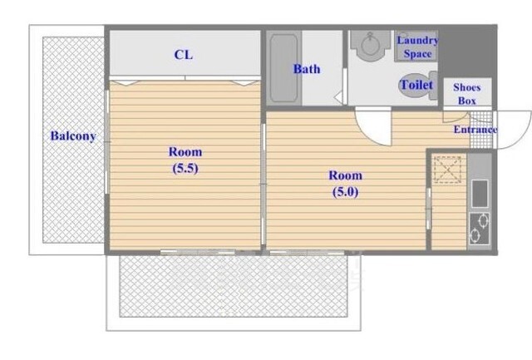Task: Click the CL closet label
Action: click(184, 55)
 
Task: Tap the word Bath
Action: click(307, 69)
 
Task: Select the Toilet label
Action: click(417, 85)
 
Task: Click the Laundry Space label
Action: click(417, 47)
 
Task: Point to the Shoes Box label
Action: click(467, 94)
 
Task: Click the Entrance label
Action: click(475, 130)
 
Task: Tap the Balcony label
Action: click(73, 136)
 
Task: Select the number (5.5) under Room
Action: click(185, 168)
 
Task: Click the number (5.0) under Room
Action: click(346, 192)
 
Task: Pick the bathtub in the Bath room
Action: click(284, 68)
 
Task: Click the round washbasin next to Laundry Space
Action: click(370, 46)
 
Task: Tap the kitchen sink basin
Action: click(480, 194)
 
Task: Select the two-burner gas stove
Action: click(480, 229)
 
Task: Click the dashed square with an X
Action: click(448, 170)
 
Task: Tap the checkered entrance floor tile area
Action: click(481, 129)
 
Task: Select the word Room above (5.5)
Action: click(185, 151)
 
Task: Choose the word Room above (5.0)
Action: click(346, 175)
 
